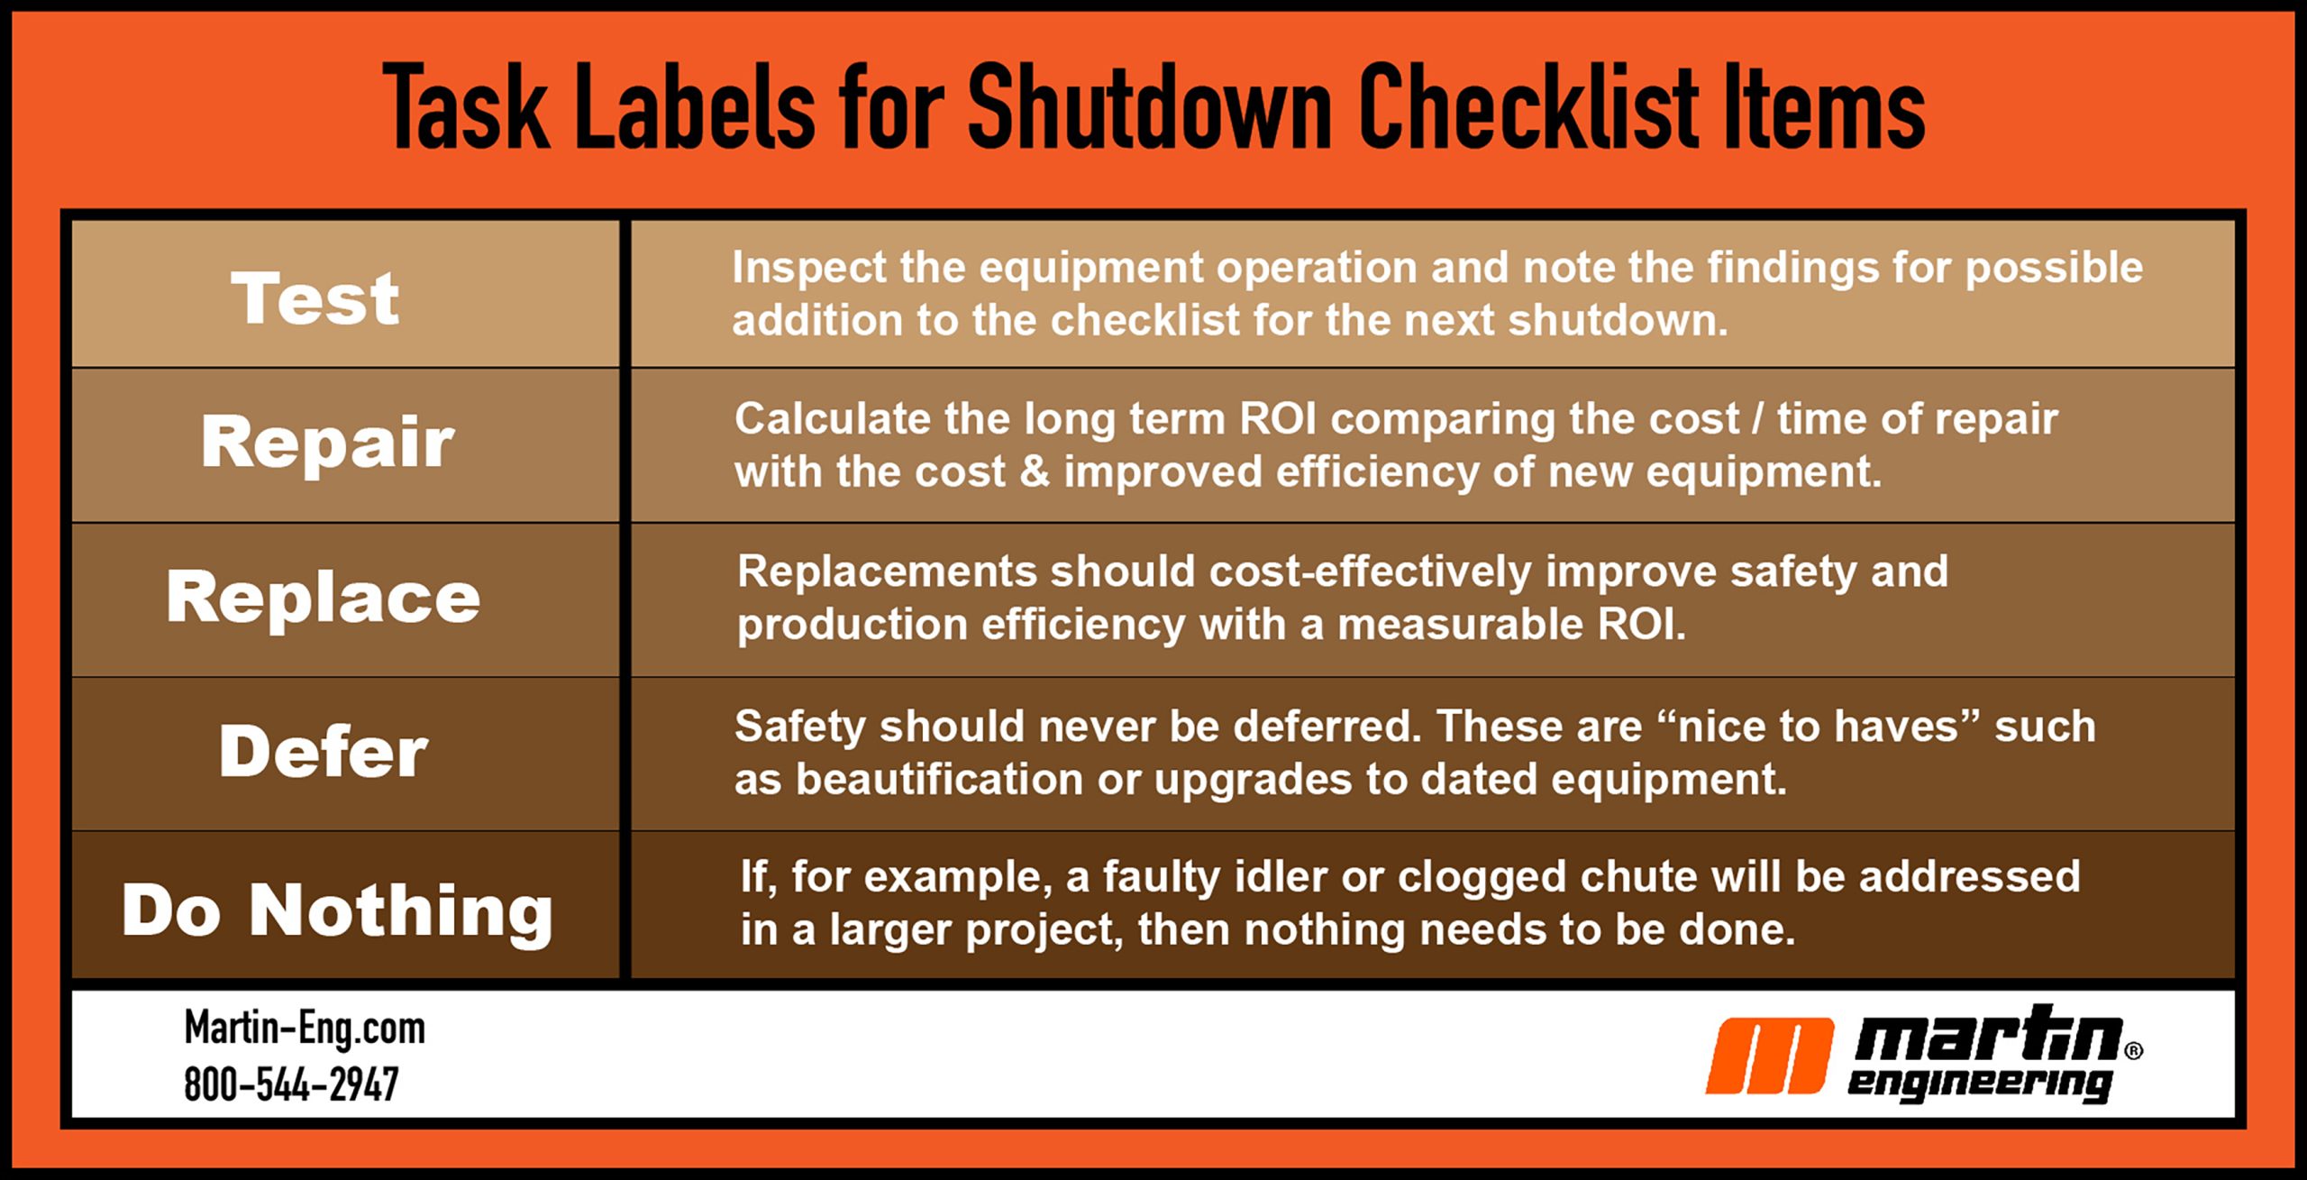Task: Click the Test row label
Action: [x=315, y=297]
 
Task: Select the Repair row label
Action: [x=328, y=442]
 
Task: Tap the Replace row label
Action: [x=324, y=598]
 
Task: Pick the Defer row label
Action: [x=324, y=751]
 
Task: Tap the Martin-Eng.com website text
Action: [x=305, y=1029]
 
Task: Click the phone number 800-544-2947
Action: [x=291, y=1084]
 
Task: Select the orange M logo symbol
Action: [x=1770, y=1056]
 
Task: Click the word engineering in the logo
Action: [x=1979, y=1084]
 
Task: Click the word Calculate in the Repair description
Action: [x=832, y=419]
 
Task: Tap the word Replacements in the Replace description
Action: [x=887, y=572]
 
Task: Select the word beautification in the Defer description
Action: [x=939, y=779]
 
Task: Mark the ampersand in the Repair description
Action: [x=1035, y=472]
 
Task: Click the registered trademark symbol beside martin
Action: [x=2134, y=1051]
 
